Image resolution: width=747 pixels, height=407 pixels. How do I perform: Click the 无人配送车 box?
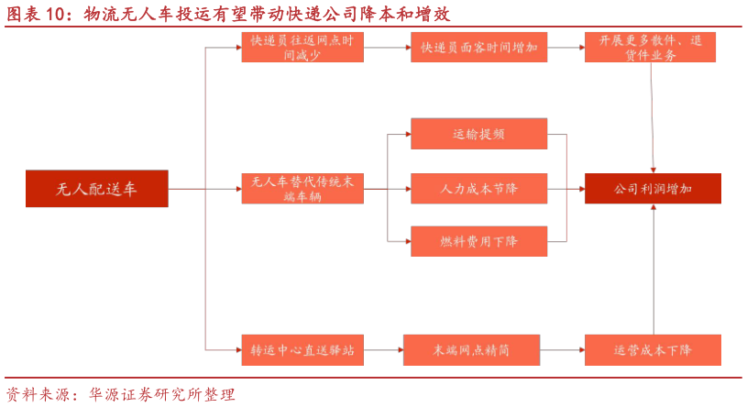click(96, 189)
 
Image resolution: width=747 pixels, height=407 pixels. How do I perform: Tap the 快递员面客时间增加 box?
click(478, 48)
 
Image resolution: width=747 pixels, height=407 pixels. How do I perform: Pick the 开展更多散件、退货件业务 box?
click(651, 48)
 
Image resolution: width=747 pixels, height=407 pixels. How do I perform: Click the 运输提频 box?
click(478, 134)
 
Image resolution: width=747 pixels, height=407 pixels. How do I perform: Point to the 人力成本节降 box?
click(478, 189)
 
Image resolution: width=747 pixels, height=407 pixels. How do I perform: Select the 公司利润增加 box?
click(653, 189)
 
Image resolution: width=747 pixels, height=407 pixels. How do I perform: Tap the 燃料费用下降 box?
click(478, 241)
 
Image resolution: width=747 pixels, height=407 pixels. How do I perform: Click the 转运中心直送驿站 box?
click(302, 350)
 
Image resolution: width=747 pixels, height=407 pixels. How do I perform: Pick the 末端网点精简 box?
click(471, 350)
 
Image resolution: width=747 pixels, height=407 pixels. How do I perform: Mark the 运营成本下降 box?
click(653, 350)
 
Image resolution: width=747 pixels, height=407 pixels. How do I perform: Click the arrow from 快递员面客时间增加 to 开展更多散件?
click(566, 48)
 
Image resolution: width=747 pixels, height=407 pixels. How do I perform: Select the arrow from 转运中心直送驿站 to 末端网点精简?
click(382, 350)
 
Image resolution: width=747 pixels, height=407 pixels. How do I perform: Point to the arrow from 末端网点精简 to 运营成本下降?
click(562, 350)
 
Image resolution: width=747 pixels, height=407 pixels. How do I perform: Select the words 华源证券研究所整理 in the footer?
click(162, 395)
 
